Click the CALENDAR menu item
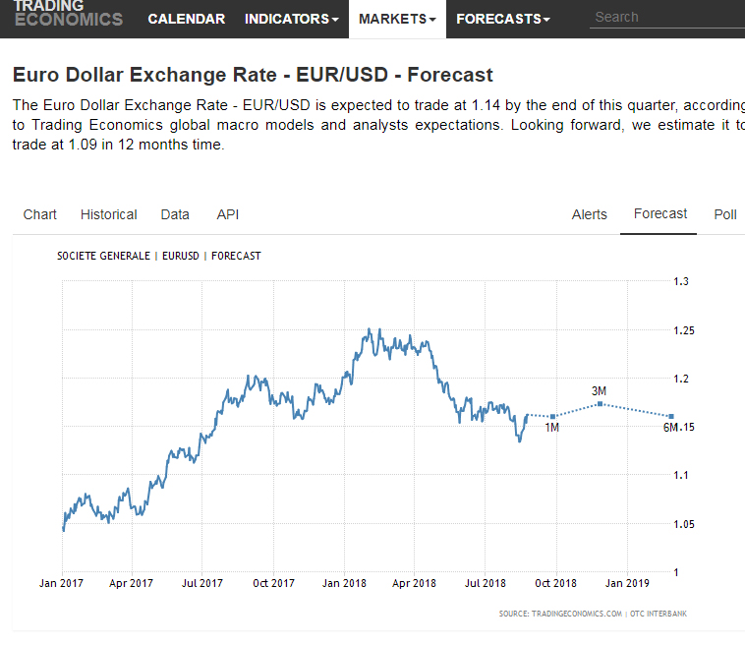(186, 19)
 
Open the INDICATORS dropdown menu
(291, 19)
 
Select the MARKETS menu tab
(397, 19)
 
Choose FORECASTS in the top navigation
(503, 19)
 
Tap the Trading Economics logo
(68, 14)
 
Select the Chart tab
(40, 214)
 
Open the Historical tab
(109, 214)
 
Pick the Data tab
(175, 214)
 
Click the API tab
(228, 214)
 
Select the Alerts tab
(590, 214)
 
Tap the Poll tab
(725, 214)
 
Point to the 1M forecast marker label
(551, 428)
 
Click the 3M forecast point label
(600, 391)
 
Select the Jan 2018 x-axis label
(344, 583)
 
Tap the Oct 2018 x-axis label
(556, 583)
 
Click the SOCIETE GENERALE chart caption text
(103, 256)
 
